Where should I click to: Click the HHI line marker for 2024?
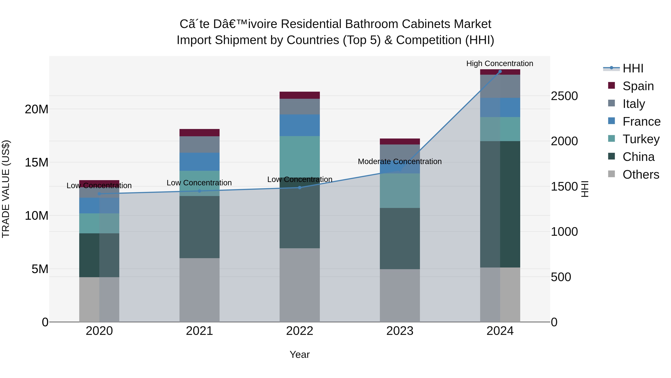point(500,71)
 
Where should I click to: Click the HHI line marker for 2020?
point(99,194)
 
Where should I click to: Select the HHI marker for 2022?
point(300,188)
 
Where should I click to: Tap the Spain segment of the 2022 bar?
point(300,95)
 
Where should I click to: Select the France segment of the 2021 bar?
point(199,162)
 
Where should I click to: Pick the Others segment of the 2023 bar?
point(400,295)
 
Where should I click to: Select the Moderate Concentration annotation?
point(400,161)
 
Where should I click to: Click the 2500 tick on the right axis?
point(564,96)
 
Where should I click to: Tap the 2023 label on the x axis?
point(400,331)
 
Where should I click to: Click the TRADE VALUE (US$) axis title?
point(6,189)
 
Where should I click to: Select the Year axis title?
point(300,354)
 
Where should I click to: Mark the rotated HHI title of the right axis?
point(585,189)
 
